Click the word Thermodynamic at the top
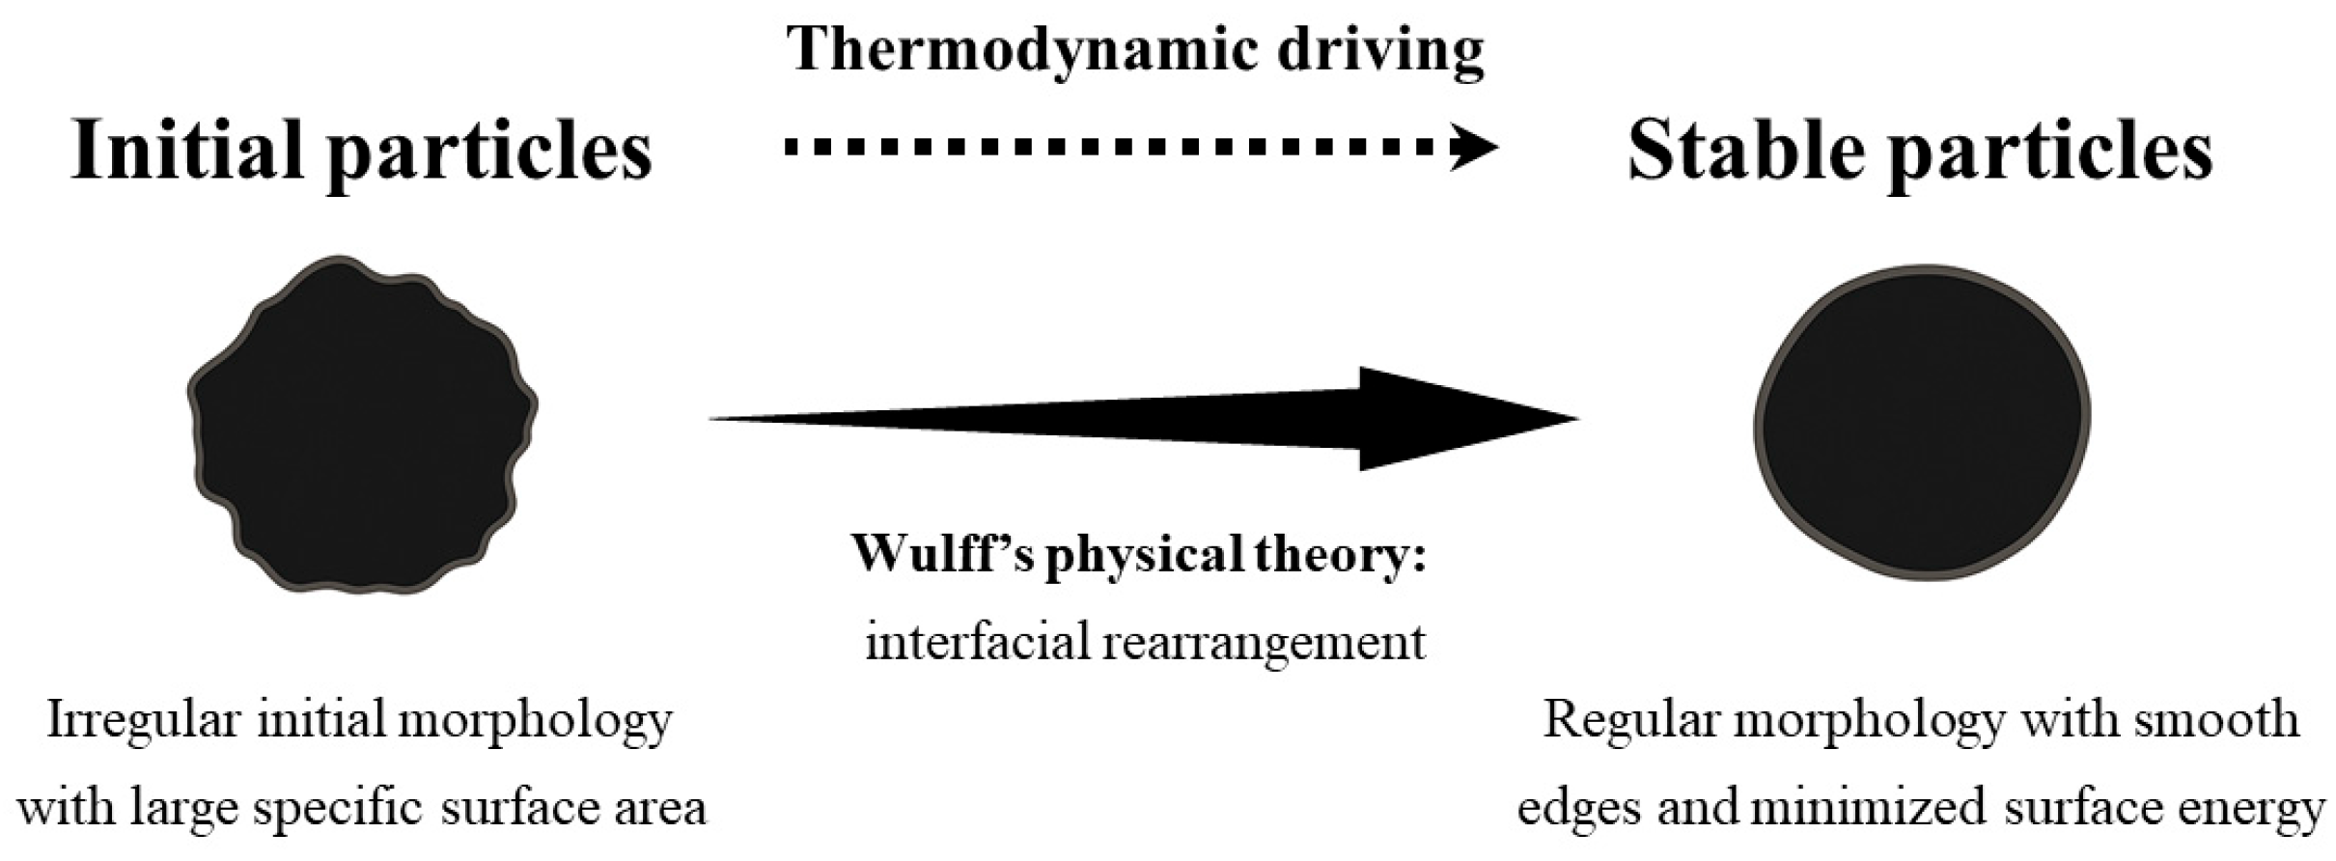(x=1021, y=50)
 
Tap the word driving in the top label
(x=1380, y=50)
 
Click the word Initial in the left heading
(x=189, y=152)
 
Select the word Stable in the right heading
(x=1745, y=152)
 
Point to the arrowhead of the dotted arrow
(x=1475, y=149)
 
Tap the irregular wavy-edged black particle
(x=362, y=425)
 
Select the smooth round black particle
(x=1921, y=422)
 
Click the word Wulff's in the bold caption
(x=943, y=554)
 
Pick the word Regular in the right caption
(x=1617, y=720)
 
